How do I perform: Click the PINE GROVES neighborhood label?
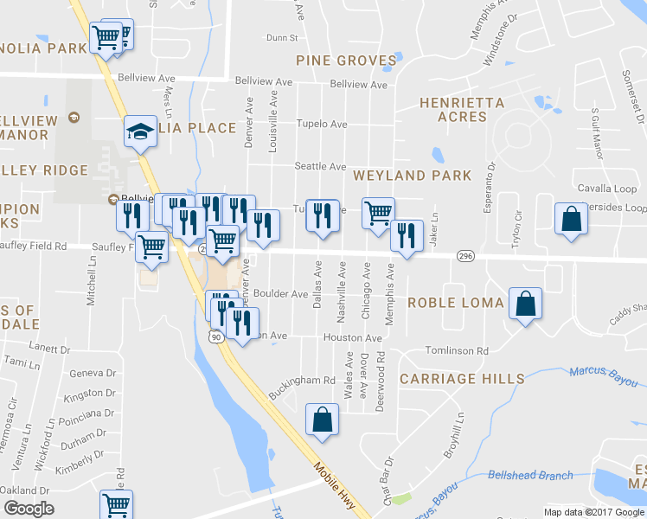[x=346, y=61]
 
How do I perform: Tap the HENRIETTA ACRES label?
[x=462, y=109]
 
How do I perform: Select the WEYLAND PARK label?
[x=413, y=176]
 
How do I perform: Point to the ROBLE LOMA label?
[x=456, y=303]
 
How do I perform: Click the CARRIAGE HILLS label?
[x=462, y=379]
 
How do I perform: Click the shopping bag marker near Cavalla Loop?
[x=571, y=219]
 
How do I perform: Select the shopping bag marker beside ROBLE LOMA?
[x=525, y=304]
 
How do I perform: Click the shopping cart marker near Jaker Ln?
[x=378, y=213]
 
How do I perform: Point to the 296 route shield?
[x=465, y=257]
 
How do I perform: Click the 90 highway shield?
[x=215, y=337]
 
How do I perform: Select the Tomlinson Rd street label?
[x=457, y=351]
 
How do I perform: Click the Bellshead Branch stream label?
[x=530, y=475]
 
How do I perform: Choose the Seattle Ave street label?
[x=320, y=167]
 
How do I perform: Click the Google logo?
[x=29, y=509]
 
